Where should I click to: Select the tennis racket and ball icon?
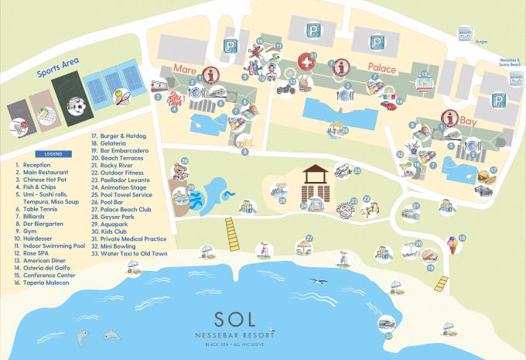(122, 97)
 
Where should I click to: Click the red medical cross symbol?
(309, 61)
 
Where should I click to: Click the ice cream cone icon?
(449, 250)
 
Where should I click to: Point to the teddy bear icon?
(181, 168)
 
